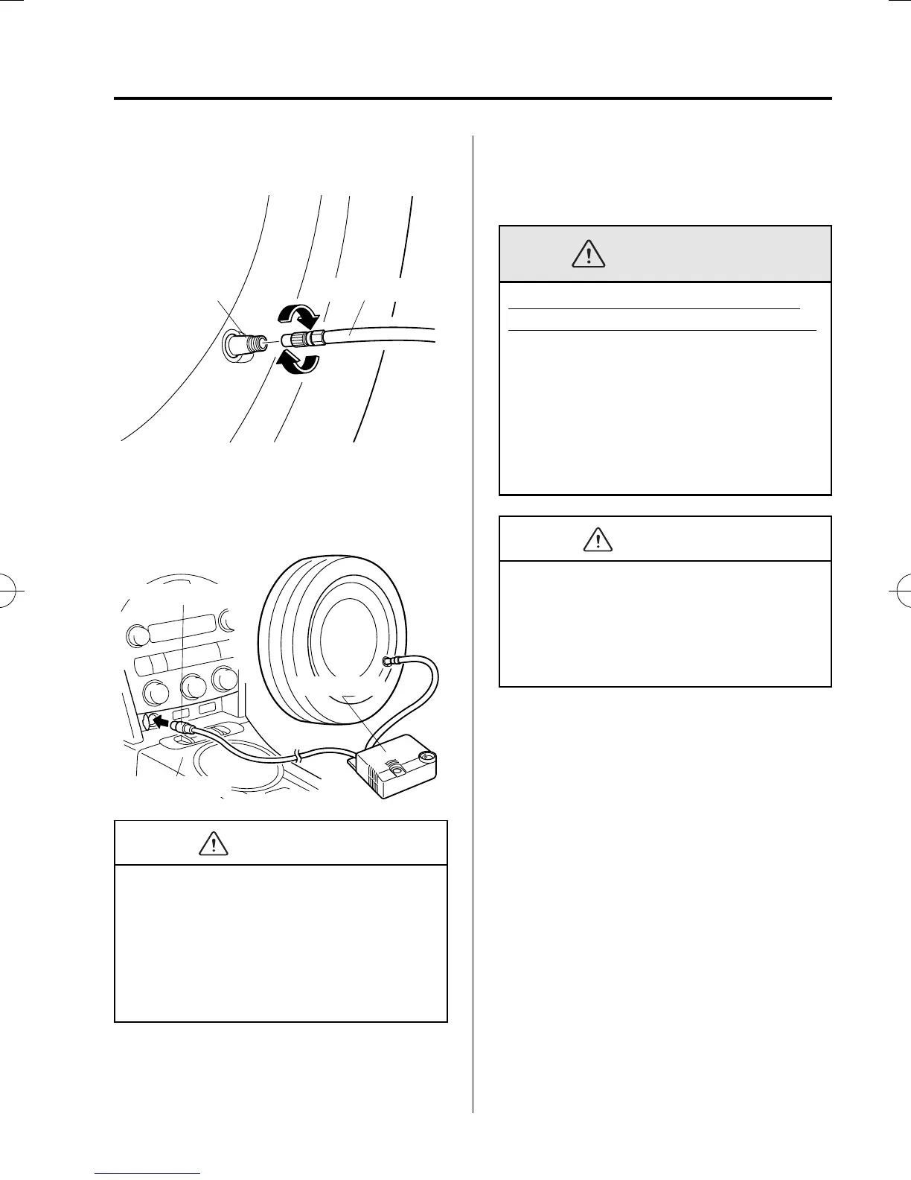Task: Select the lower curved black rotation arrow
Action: [x=297, y=363]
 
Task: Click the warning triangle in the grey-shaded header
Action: [x=589, y=254]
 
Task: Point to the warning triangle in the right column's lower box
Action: [x=598, y=539]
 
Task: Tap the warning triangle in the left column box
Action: [x=214, y=843]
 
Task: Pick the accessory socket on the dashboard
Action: [x=145, y=720]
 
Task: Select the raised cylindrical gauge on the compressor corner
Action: [x=427, y=759]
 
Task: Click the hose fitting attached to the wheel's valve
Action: [x=390, y=660]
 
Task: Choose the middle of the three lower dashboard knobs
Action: [x=194, y=686]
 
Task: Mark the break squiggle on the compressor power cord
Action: [x=298, y=758]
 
